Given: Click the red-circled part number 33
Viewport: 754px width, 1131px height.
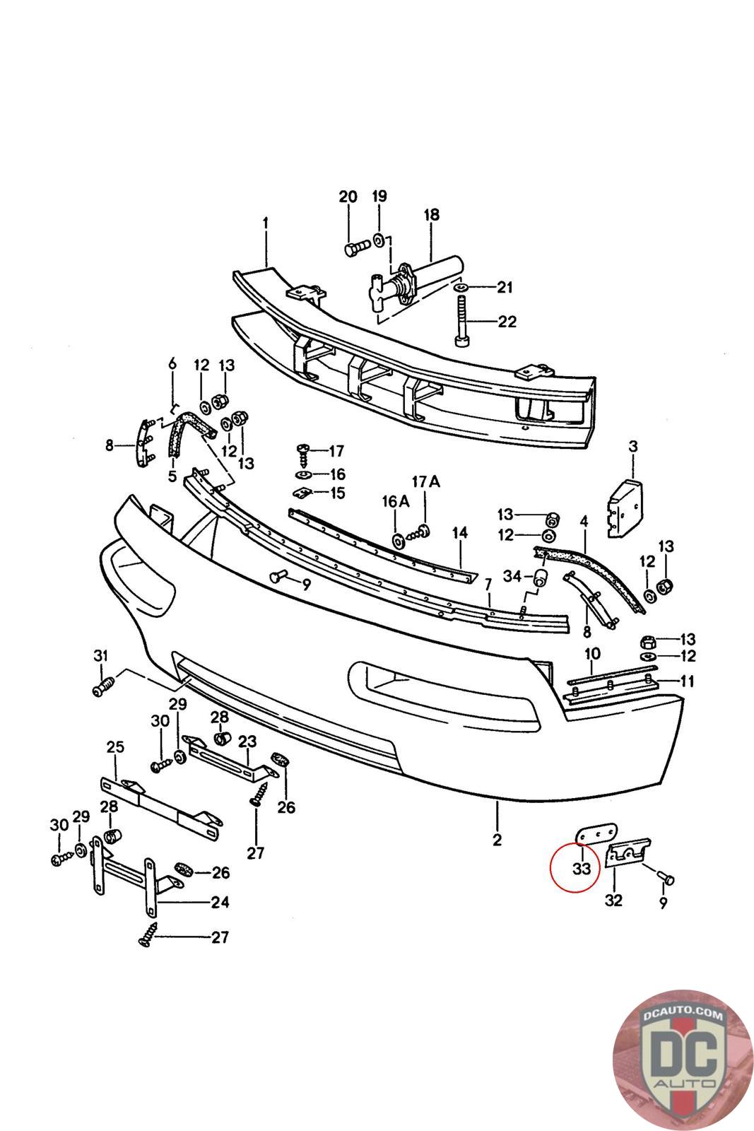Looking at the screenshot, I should pyautogui.click(x=581, y=869).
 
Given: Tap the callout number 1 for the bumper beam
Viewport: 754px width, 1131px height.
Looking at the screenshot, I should pyautogui.click(x=266, y=223).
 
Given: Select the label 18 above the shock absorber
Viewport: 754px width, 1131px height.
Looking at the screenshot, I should pyautogui.click(x=431, y=214).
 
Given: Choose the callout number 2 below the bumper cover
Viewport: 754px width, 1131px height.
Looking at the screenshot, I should pyautogui.click(x=497, y=840).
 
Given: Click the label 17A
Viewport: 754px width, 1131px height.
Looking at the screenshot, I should pyautogui.click(x=425, y=482).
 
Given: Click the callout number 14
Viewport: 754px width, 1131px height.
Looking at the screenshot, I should pyautogui.click(x=460, y=532).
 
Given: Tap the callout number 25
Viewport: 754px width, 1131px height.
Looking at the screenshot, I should pyautogui.click(x=114, y=746).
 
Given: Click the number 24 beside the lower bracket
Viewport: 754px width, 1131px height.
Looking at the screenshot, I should pyautogui.click(x=220, y=902).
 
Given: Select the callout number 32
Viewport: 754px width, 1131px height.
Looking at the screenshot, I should pyautogui.click(x=613, y=901).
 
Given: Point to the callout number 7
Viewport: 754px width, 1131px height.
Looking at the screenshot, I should pyautogui.click(x=488, y=585).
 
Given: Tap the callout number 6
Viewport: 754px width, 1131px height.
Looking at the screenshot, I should pyautogui.click(x=172, y=364).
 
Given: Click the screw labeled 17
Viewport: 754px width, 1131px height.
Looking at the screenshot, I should pyautogui.click(x=305, y=450).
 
